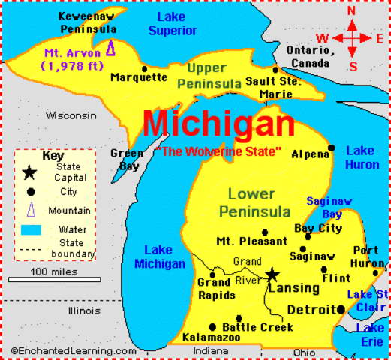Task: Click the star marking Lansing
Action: pos(272,274)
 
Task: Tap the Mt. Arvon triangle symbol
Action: pos(111,49)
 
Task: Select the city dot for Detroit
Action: pos(341,309)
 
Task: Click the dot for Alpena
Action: pos(332,148)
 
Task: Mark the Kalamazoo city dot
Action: pos(212,327)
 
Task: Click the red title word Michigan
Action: pos(218,124)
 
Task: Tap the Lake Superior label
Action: pos(173,24)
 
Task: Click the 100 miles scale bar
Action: pos(54,279)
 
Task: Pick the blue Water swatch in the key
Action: pos(31,229)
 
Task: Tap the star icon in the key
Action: pos(29,173)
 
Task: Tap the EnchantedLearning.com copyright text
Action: pos(73,350)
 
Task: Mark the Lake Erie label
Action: pos(371,334)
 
